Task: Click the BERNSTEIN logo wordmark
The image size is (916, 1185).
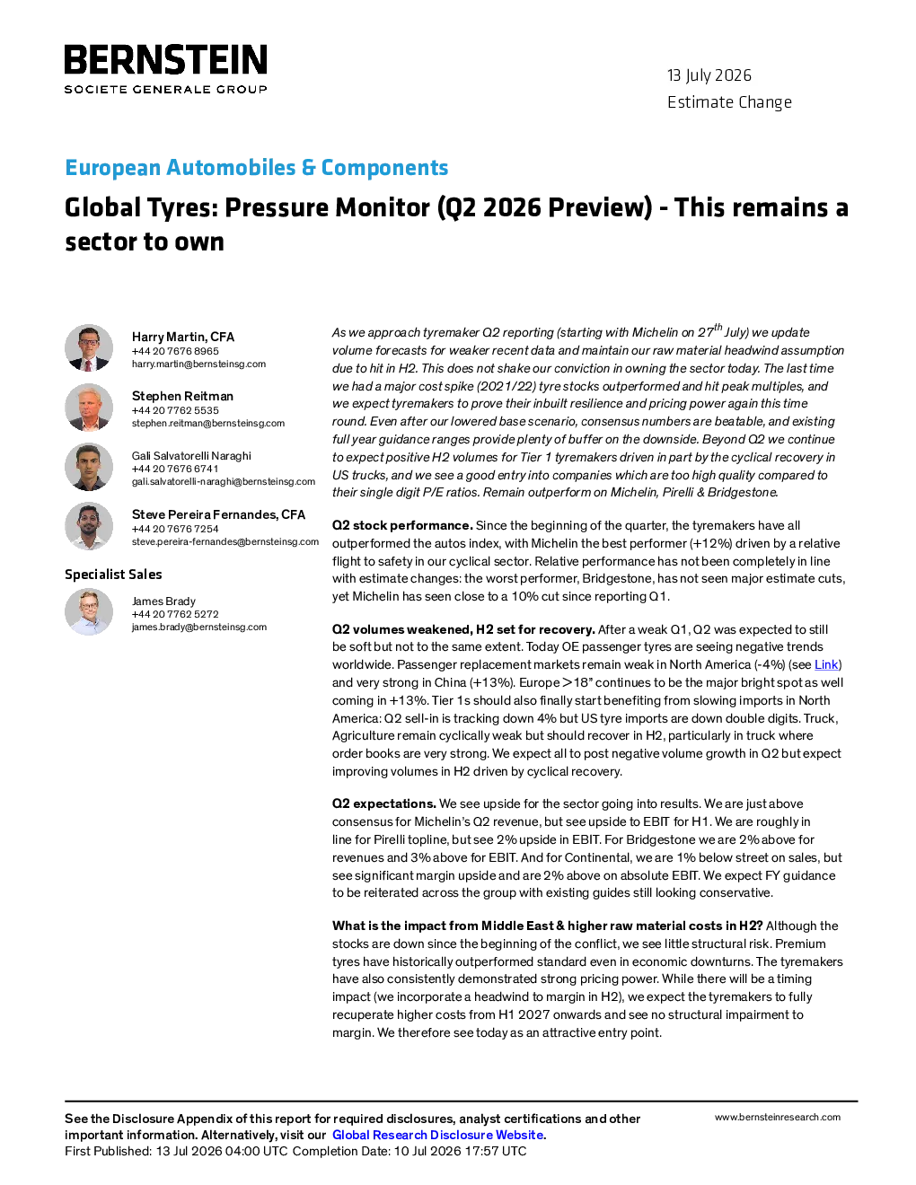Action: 165,59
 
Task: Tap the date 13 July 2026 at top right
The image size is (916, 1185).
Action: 709,75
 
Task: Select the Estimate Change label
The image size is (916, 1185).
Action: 729,102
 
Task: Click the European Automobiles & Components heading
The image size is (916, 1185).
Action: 257,167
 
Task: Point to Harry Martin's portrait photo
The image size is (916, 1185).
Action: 89,348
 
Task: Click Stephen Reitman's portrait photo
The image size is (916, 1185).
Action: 89,408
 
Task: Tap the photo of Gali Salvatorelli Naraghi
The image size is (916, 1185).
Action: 89,467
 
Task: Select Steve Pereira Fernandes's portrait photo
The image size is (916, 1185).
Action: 89,526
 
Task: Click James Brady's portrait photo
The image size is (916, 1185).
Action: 89,612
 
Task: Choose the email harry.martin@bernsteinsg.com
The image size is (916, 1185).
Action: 198,364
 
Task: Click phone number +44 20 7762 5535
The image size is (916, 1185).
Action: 175,410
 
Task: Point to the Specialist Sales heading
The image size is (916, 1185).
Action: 113,575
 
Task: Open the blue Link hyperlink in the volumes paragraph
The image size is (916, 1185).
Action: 826,664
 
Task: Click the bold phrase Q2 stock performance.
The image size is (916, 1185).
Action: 402,525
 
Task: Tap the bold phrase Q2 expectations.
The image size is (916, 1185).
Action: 384,803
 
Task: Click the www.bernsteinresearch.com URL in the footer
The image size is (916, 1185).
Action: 778,1117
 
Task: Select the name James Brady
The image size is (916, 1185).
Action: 163,601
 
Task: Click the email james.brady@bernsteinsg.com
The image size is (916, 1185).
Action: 199,628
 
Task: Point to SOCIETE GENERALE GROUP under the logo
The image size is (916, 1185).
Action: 165,89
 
